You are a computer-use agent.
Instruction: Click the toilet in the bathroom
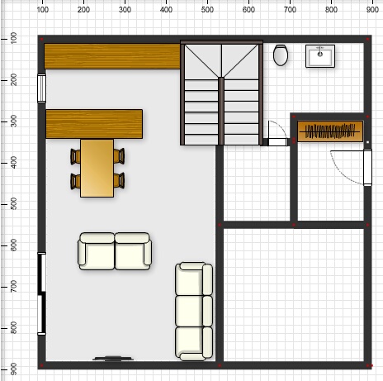(x=281, y=55)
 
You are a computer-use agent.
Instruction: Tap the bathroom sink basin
(x=320, y=56)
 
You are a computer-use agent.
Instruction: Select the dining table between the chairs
(x=97, y=168)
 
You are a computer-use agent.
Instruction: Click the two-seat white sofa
(x=115, y=251)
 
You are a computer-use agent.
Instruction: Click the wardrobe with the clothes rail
(x=330, y=131)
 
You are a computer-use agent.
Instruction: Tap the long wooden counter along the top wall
(x=112, y=56)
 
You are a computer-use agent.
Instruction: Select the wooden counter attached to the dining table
(x=94, y=124)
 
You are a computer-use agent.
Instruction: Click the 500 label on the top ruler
(x=207, y=10)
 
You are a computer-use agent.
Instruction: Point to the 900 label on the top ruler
(x=372, y=10)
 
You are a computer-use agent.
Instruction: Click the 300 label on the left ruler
(x=13, y=121)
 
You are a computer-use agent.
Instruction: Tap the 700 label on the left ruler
(x=13, y=287)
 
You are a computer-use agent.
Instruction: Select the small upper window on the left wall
(x=41, y=88)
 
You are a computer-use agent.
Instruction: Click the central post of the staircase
(x=221, y=111)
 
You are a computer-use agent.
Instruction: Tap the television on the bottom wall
(x=113, y=359)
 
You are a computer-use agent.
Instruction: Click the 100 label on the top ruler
(x=42, y=10)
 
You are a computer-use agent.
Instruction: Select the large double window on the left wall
(x=41, y=293)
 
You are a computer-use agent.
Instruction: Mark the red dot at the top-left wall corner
(x=42, y=40)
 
